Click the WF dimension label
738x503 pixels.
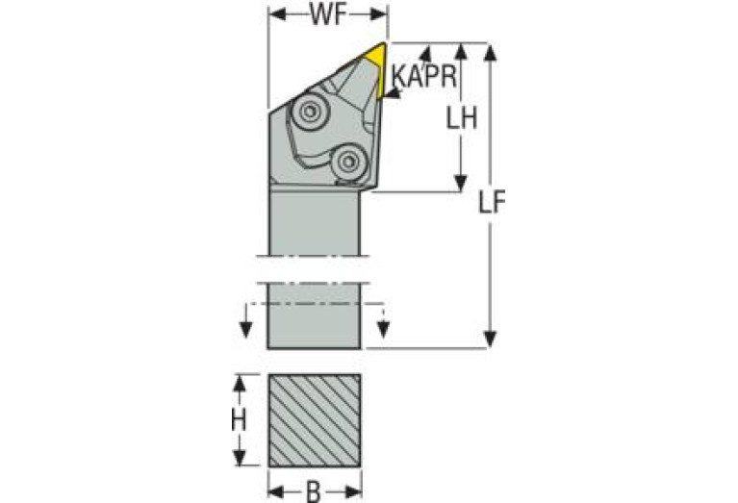point(328,15)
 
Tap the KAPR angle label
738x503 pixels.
point(424,76)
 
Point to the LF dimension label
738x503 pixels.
point(491,204)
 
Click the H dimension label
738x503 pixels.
point(239,420)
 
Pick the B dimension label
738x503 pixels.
point(314,492)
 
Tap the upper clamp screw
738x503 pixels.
point(309,112)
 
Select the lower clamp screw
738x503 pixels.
point(348,163)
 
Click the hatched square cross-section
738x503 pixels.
point(315,420)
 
